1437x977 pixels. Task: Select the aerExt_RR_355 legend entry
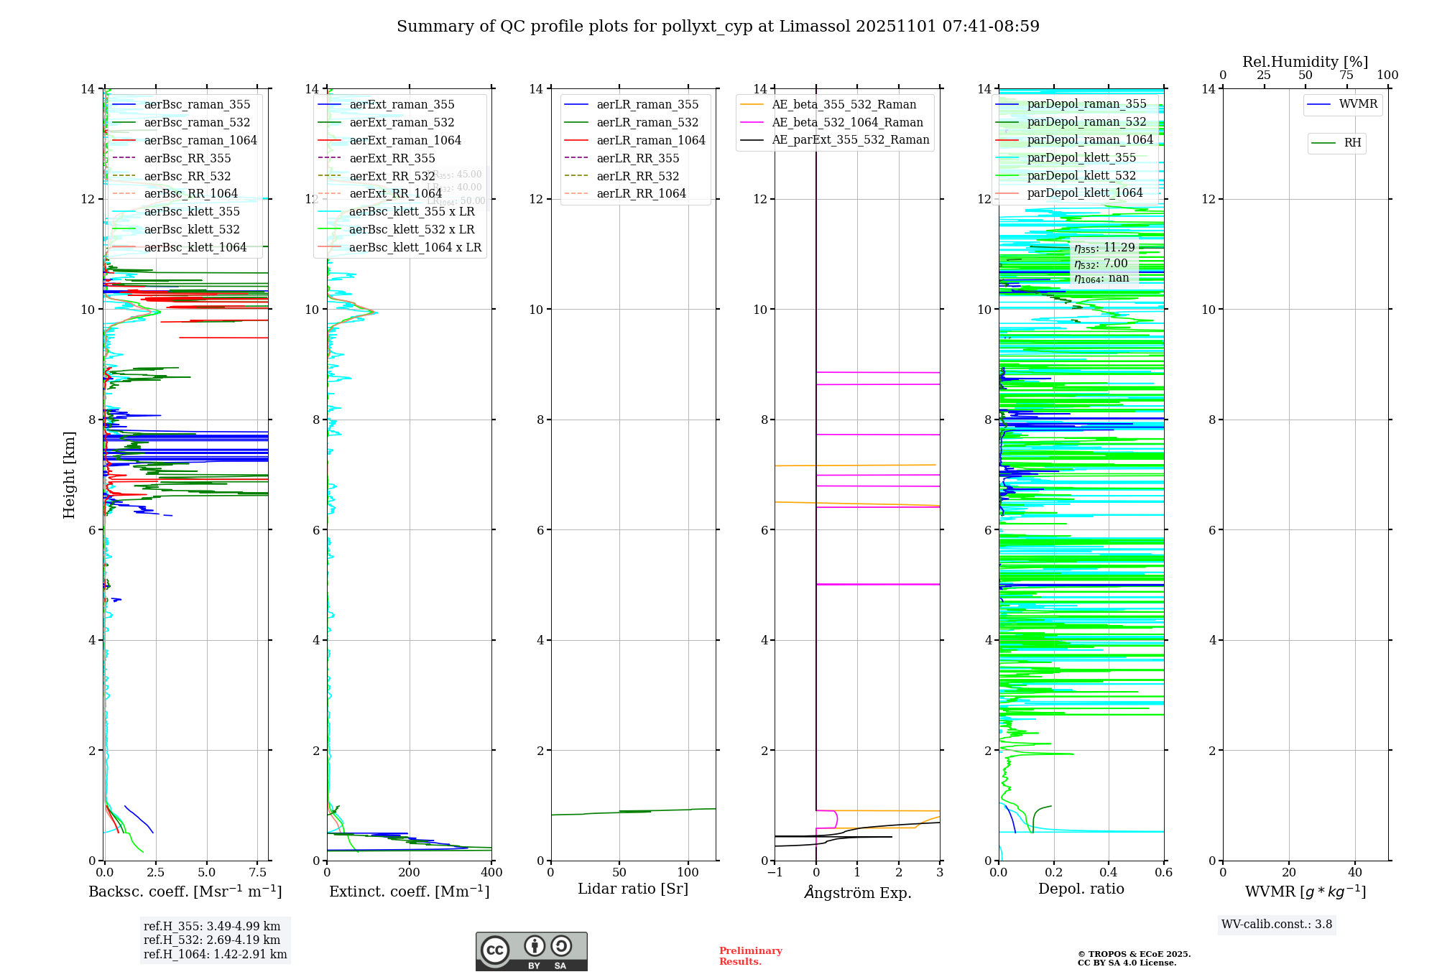392,158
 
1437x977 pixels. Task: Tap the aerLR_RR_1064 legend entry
641,193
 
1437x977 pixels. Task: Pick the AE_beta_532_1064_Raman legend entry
847,122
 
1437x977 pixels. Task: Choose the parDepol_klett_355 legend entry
1081,157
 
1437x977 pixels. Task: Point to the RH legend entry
1352,143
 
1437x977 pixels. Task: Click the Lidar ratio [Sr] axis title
632,889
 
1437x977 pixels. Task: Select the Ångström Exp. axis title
857,892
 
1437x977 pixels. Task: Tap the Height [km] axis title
69,475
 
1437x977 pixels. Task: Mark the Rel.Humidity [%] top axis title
1305,62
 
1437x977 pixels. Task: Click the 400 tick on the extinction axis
491,873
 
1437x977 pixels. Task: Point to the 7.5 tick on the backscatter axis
258,873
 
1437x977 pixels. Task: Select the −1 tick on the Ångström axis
775,873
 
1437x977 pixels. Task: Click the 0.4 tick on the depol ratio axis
1109,873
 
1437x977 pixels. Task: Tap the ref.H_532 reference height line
212,940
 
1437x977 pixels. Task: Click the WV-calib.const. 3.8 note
1277,925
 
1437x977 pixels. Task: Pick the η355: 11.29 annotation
1104,248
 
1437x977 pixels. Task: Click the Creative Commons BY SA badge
531,951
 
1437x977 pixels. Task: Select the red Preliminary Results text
750,956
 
